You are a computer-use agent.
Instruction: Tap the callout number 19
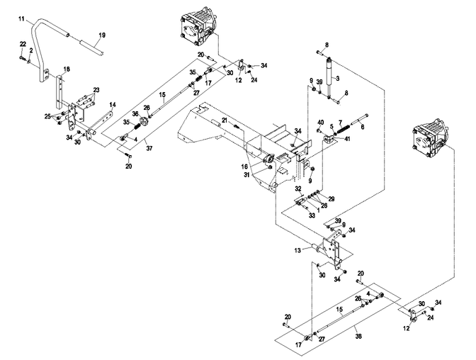click(101, 35)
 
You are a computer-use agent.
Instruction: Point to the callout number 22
click(22, 44)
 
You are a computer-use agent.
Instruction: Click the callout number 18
click(67, 69)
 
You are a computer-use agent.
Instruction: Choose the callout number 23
click(96, 89)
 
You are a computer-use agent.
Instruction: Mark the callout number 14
click(112, 105)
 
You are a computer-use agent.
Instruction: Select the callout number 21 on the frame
click(225, 121)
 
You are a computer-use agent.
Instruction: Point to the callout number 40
click(320, 122)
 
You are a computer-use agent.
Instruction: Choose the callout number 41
click(348, 139)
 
